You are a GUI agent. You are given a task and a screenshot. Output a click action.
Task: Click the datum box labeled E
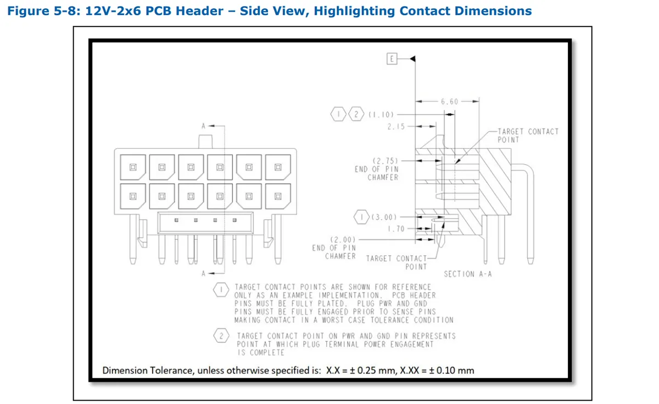click(x=392, y=59)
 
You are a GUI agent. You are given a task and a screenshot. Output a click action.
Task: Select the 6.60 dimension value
click(x=450, y=102)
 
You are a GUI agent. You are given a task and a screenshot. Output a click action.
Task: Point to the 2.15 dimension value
click(x=396, y=126)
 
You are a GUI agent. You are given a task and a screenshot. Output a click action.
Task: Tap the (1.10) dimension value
click(x=381, y=114)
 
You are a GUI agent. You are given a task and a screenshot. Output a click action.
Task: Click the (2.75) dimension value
click(x=386, y=161)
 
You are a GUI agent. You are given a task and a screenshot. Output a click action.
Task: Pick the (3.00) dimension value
click(x=384, y=217)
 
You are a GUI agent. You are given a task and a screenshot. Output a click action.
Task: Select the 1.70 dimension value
click(x=396, y=228)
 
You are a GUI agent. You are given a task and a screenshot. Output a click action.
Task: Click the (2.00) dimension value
click(x=343, y=240)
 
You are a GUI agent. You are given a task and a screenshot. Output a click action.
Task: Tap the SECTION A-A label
click(x=468, y=274)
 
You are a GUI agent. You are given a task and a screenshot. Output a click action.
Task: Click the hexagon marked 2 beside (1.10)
click(x=356, y=114)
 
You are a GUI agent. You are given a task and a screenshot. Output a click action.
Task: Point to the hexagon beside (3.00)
click(x=361, y=217)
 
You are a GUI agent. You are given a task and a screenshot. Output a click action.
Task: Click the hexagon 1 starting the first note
click(x=221, y=290)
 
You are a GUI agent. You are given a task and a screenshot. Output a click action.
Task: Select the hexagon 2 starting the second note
click(x=221, y=335)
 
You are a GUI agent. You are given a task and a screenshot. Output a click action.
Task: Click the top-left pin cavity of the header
click(x=133, y=167)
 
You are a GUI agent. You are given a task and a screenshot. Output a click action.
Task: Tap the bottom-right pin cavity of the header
click(x=278, y=196)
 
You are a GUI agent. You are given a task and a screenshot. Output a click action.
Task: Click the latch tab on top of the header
click(x=205, y=142)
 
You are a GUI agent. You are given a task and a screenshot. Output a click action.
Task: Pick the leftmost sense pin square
click(x=176, y=220)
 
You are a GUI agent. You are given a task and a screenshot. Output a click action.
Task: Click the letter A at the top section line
click(x=203, y=126)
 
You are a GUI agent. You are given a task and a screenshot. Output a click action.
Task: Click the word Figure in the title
click(x=29, y=11)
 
